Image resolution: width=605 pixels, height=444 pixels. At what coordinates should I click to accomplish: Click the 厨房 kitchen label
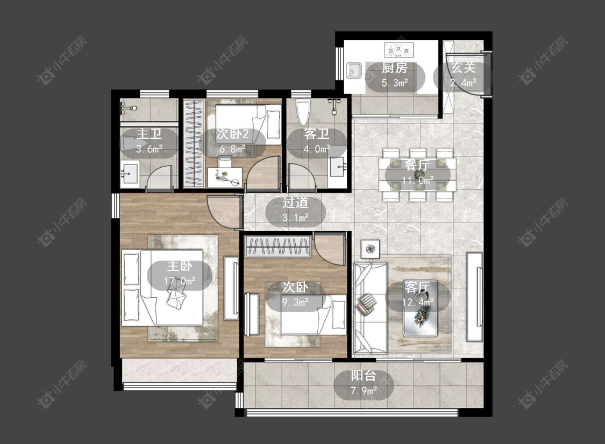click(395, 68)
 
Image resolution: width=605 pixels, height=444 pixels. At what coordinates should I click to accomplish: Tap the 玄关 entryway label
click(463, 68)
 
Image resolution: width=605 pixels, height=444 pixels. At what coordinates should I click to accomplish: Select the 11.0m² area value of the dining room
click(417, 180)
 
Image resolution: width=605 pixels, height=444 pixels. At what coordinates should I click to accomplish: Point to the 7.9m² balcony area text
click(364, 391)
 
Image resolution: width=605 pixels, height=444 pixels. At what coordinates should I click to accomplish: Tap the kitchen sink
click(354, 70)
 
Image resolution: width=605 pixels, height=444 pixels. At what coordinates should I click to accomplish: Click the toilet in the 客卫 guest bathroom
click(303, 112)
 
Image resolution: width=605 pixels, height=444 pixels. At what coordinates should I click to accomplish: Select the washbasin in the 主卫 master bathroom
click(130, 174)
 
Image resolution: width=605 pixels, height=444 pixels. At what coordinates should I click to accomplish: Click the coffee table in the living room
click(420, 309)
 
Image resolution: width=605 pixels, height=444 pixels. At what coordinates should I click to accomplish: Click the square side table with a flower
click(371, 249)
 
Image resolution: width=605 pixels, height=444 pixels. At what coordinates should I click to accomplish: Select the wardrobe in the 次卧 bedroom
click(278, 247)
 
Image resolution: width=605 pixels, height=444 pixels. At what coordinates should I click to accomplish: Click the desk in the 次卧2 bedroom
click(225, 177)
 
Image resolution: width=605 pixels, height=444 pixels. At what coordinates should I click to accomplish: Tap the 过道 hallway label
click(295, 203)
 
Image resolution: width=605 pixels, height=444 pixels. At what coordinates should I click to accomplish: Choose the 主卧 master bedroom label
click(180, 266)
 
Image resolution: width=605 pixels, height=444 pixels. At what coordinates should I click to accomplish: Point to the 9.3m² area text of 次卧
click(295, 302)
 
